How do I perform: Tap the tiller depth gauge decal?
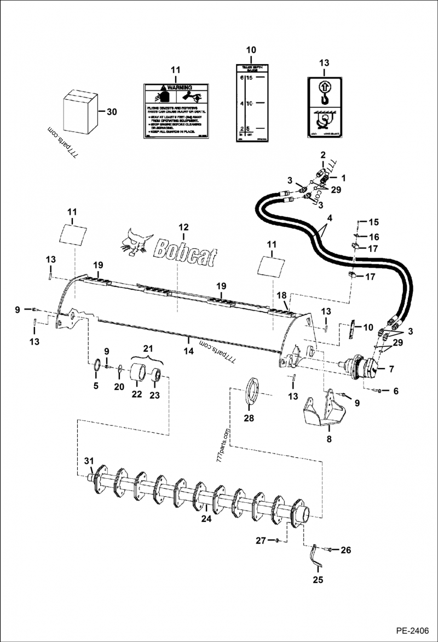tap(251, 102)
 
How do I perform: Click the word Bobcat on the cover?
tap(185, 251)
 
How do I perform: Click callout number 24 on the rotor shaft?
tap(206, 519)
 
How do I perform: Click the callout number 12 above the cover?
tap(183, 227)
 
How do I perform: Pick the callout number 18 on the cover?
tap(282, 295)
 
